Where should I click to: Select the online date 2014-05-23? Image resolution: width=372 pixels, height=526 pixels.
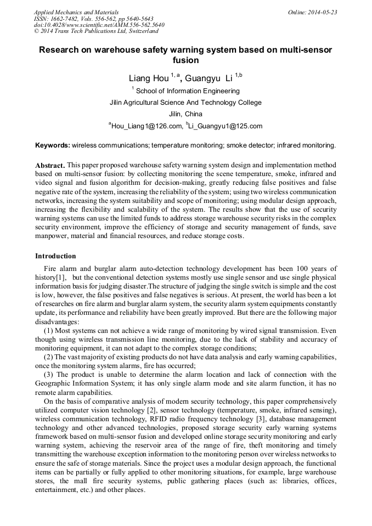point(312,12)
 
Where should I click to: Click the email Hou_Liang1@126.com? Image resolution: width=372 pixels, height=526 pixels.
point(146,126)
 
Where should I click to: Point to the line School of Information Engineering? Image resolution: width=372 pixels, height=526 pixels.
point(187,91)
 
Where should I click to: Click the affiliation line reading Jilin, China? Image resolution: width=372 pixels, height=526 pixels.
point(186,114)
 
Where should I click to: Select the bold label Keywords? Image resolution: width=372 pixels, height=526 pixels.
point(52,145)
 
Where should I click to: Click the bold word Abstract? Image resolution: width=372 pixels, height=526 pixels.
point(50,165)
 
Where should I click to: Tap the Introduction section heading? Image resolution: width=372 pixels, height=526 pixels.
point(55,256)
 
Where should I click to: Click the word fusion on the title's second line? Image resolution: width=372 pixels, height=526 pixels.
point(185,60)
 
